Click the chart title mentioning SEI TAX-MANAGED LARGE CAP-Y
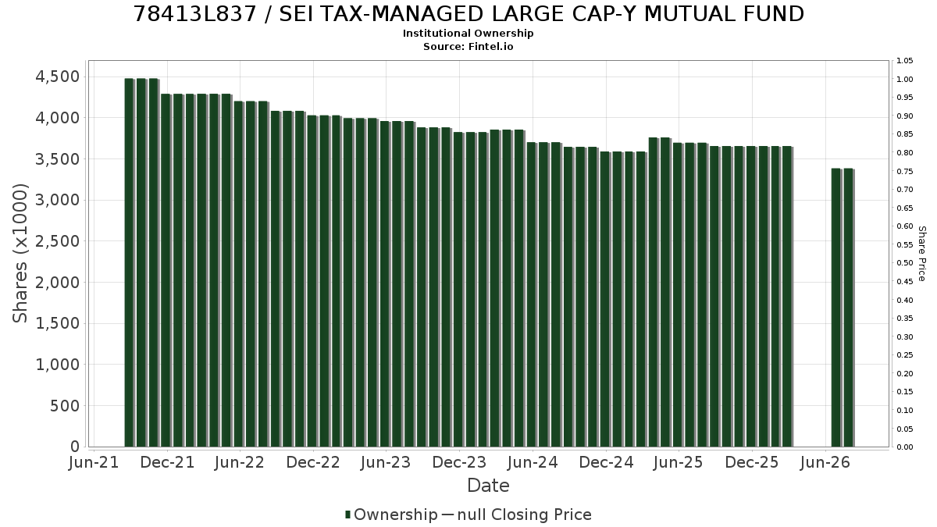tap(468, 14)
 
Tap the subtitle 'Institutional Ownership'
tap(468, 34)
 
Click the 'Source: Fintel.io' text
tap(468, 46)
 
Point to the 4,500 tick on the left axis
tap(57, 77)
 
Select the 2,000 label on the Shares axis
tap(57, 283)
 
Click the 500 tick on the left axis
tap(65, 406)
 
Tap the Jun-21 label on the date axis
tap(94, 462)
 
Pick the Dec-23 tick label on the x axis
tap(459, 462)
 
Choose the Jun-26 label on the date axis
tap(825, 462)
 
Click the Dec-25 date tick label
tap(752, 462)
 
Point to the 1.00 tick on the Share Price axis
tap(904, 80)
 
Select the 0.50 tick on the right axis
tap(904, 263)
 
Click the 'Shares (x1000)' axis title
tap(20, 254)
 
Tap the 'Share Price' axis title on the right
tap(921, 254)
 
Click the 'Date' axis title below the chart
tap(488, 486)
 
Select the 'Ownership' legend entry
tap(391, 515)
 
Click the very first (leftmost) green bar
tap(130, 262)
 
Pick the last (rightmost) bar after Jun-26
tap(849, 308)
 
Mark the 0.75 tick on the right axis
tap(904, 172)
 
